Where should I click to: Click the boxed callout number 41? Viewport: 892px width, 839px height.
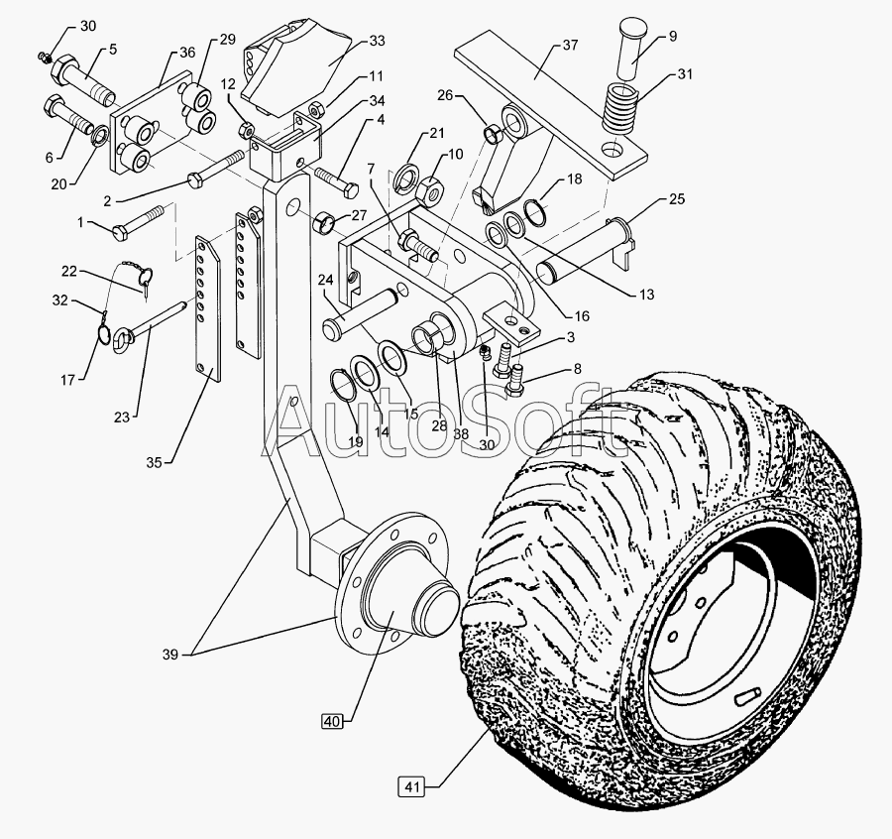[x=413, y=787]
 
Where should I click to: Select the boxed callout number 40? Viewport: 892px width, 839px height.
[x=332, y=721]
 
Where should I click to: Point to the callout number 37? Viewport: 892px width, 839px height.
[x=569, y=46]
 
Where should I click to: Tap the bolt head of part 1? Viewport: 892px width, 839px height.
[x=120, y=231]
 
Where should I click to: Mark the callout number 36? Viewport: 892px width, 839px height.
[x=187, y=53]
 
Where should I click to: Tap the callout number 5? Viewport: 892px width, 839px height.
[x=112, y=48]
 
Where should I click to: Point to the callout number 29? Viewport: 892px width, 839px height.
[x=228, y=39]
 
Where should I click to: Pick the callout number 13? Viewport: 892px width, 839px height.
[x=646, y=295]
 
